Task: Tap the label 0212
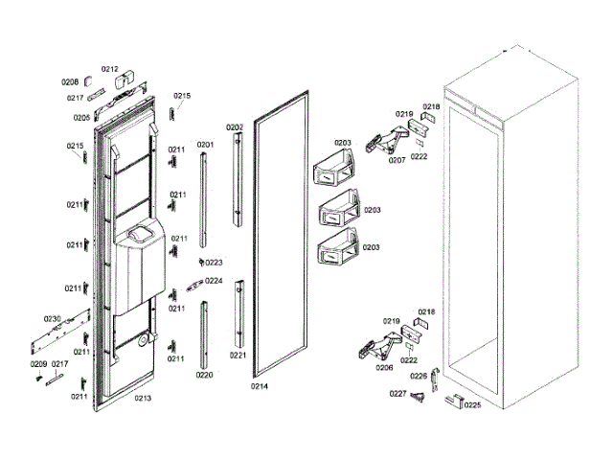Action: [x=110, y=69]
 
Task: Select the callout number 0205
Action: [x=81, y=118]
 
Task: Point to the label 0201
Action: [x=205, y=145]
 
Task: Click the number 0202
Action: [x=235, y=127]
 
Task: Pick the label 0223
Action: [x=214, y=263]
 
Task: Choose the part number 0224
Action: [x=214, y=282]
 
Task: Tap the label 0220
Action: [x=205, y=376]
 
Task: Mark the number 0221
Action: [x=238, y=356]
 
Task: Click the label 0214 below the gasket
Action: [x=259, y=386]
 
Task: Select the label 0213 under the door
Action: [x=143, y=397]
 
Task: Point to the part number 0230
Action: [x=52, y=318]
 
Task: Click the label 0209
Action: [x=38, y=364]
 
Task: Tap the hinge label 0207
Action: [x=397, y=161]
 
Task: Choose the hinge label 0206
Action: [x=384, y=368]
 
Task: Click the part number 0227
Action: [x=397, y=394]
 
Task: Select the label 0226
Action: [x=420, y=376]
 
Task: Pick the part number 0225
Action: [x=472, y=405]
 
